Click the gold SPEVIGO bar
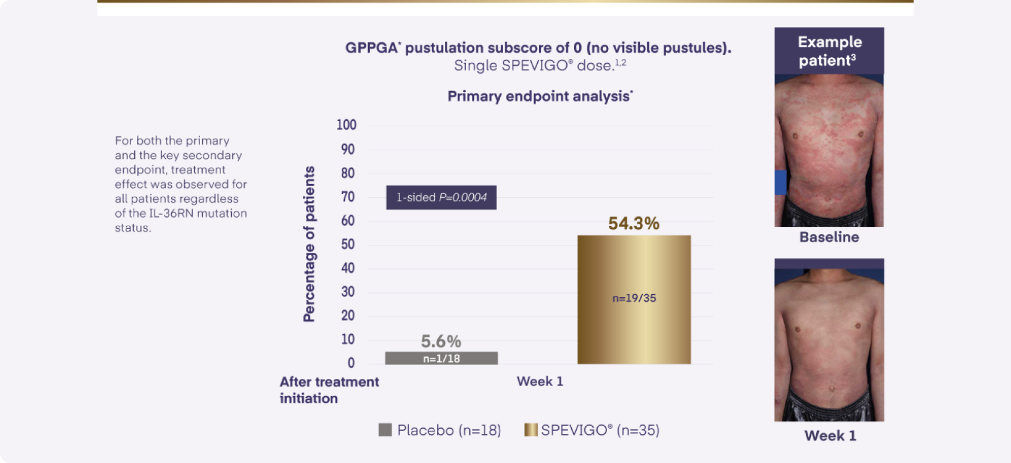coord(634,274)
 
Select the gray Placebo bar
coord(441,358)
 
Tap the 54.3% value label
coord(633,224)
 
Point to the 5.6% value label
coord(441,341)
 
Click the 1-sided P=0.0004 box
coord(441,197)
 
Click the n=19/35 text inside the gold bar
coord(634,298)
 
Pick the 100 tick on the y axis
coord(346,125)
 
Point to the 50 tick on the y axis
coord(348,244)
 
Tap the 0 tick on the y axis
coord(351,363)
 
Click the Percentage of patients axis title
coord(309,244)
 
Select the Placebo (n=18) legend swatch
coord(385,430)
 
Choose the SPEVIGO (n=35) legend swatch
coord(530,430)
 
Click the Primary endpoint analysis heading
coord(540,96)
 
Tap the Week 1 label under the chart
coord(540,381)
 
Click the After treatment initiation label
coord(329,390)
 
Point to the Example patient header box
coord(829,51)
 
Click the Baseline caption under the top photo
coord(829,237)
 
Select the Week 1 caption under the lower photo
coord(830,436)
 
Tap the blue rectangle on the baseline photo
coord(780,182)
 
